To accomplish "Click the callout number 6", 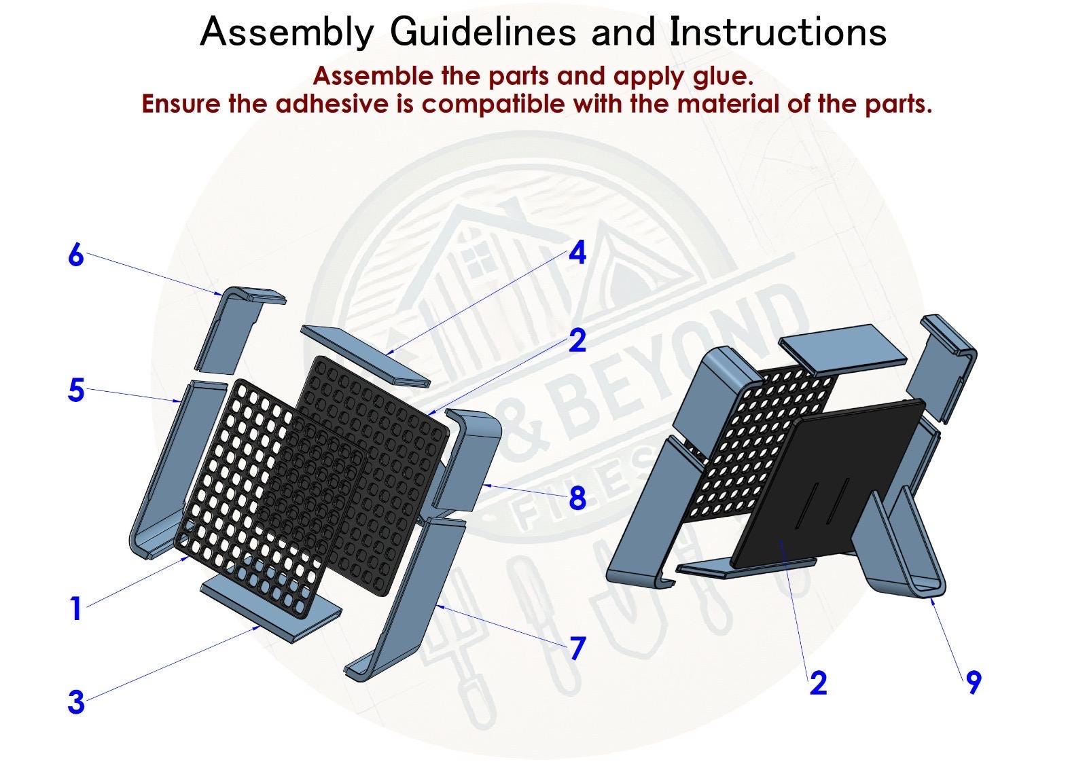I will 75,256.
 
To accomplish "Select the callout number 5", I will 76,391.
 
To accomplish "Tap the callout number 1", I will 75,608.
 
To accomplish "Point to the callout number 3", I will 76,702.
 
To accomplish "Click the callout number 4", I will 577,253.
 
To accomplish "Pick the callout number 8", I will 577,498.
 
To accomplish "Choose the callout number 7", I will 577,649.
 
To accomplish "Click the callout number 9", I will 974,682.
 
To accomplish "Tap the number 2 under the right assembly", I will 819,682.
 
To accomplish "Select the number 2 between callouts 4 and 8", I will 577,340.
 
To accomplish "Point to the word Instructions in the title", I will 778,32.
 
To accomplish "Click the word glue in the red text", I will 726,75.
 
